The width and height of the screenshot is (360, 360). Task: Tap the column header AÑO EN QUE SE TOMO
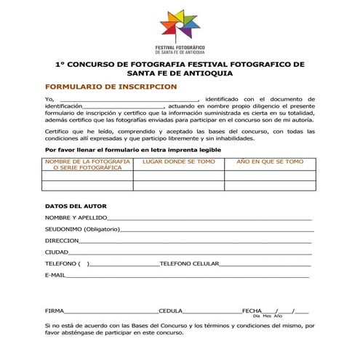pos(270,161)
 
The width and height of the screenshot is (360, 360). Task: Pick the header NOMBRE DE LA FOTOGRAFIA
pos(87,164)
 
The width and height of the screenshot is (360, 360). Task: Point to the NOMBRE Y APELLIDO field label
pos(76,217)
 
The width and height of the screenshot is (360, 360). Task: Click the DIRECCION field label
pos(62,241)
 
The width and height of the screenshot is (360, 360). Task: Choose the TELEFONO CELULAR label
pos(189,264)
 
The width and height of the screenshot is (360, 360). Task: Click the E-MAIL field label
pos(55,276)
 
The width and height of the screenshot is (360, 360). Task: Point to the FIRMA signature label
pos(54,311)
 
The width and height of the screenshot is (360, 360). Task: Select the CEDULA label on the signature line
pos(170,311)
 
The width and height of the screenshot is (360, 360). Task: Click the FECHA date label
pos(251,311)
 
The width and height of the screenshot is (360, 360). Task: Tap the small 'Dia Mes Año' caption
pos(267,316)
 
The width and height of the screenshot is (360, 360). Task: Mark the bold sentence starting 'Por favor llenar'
pos(133,149)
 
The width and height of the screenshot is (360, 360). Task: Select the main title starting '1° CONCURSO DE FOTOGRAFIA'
pos(180,68)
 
